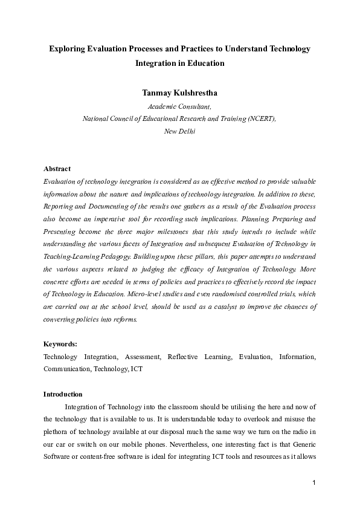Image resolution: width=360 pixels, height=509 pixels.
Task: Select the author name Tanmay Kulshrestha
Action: click(x=179, y=92)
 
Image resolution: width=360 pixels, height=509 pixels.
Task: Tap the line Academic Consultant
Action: click(x=179, y=106)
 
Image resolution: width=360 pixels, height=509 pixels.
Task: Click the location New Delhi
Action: click(x=179, y=131)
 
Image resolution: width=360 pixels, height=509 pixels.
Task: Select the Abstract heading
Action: click(x=57, y=169)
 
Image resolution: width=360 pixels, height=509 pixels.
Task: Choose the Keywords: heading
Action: click(x=60, y=343)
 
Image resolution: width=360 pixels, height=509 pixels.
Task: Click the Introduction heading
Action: click(x=63, y=394)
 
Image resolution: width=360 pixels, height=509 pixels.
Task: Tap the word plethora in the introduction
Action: click(x=57, y=430)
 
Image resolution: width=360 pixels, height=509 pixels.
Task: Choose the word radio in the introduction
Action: click(x=300, y=430)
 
